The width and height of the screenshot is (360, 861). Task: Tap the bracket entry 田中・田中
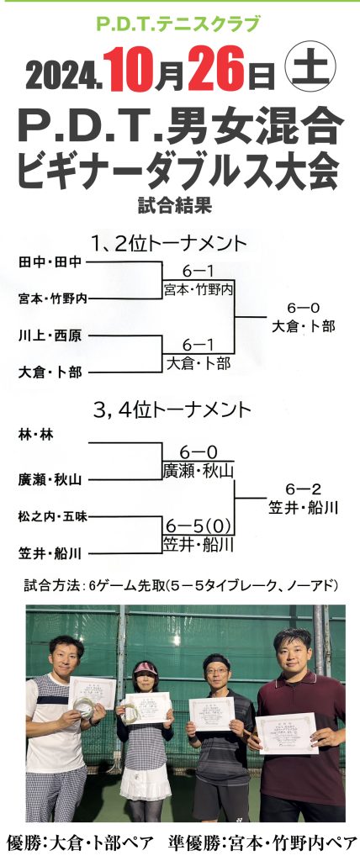tap(50, 262)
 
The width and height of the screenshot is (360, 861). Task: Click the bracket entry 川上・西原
tap(50, 335)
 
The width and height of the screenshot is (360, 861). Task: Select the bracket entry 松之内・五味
tap(53, 516)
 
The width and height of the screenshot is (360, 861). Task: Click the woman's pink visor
tap(146, 668)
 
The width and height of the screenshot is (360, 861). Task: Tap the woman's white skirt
tap(146, 784)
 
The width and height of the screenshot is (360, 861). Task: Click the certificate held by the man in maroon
tap(287, 732)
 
